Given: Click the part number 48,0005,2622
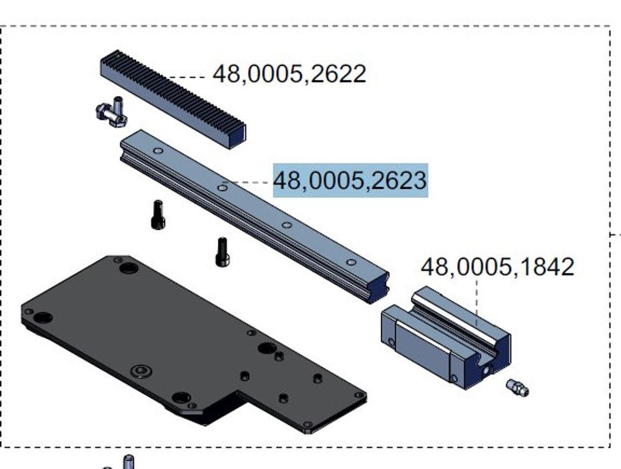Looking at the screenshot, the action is [289, 74].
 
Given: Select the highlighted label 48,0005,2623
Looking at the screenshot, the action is [350, 180].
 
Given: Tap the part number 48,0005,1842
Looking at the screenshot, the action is [497, 266].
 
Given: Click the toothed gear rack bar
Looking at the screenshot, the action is [173, 99].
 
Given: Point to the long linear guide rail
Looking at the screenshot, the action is [254, 216].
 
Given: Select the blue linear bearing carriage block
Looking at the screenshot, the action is [446, 338].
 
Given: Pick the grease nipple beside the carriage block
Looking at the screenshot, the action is [517, 388].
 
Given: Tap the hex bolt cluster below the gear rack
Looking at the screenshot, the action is [112, 112].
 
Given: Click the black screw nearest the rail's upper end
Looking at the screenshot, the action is [158, 214].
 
